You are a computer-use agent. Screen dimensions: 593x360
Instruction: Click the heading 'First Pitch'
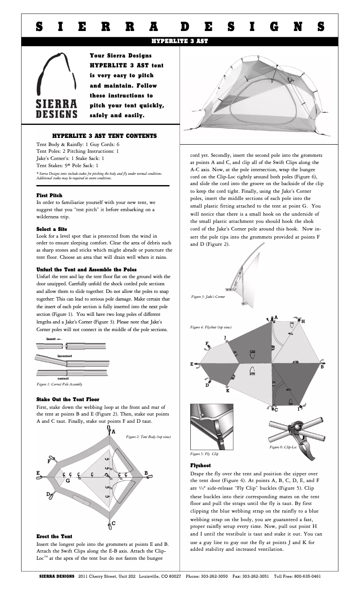pos(49,195)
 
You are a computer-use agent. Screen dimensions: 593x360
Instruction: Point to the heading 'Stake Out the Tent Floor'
pos(68,399)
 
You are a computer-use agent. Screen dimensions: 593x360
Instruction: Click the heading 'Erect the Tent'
pos(54,536)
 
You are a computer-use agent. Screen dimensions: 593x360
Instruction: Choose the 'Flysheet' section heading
pos(200,465)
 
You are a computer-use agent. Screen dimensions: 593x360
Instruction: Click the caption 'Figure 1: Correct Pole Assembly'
pos(59,385)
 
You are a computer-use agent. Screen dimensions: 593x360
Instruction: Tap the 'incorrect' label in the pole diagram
pos(65,356)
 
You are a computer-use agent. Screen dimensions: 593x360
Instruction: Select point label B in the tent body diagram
pos(146,473)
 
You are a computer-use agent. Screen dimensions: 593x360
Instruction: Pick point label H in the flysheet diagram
pos(303,321)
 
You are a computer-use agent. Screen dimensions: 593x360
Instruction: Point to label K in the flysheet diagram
pos(228,391)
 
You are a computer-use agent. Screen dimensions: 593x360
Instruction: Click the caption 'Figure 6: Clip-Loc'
pos(283,447)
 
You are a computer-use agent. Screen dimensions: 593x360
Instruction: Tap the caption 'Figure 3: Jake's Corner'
pos(208,297)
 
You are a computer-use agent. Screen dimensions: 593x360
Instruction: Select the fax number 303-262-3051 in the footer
pos(255,576)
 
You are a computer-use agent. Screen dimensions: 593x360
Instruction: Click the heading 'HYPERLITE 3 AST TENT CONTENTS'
pos(104,135)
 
